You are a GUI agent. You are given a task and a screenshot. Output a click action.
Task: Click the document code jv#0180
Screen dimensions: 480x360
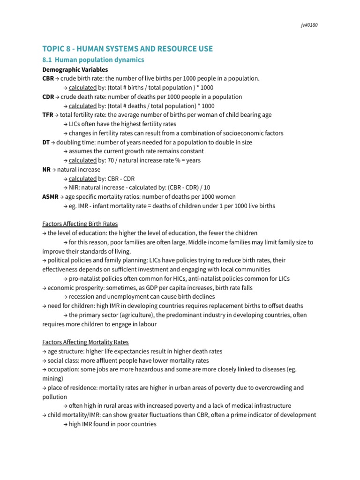309,25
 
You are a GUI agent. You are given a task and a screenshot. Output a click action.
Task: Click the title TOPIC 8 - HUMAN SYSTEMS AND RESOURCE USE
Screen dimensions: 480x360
127,49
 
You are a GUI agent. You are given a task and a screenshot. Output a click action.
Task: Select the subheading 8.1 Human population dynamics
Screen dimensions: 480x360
93,60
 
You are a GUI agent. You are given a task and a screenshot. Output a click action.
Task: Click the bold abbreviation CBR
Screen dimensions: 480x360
48,78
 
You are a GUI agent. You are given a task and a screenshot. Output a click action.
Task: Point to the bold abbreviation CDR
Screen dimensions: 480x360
48,97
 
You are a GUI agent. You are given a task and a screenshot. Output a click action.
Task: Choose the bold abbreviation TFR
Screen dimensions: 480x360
47,115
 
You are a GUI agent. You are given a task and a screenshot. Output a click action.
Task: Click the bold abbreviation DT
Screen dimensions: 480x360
45,142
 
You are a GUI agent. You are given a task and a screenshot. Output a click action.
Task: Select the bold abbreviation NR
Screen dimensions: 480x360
46,170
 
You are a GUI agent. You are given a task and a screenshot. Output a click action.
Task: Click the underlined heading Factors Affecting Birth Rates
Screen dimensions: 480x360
80,224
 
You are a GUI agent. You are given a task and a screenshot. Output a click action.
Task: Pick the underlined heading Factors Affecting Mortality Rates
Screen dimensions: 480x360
85,342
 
